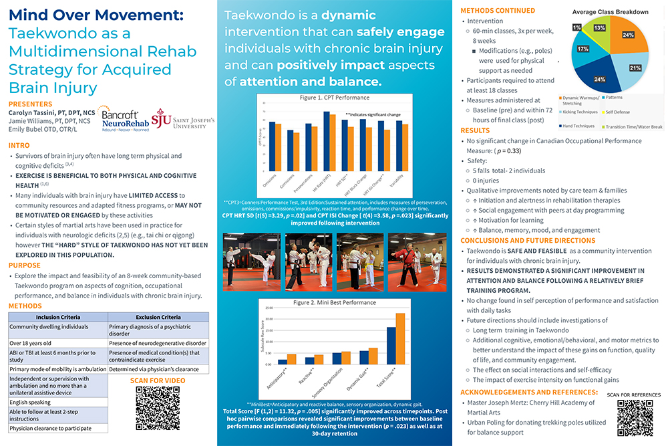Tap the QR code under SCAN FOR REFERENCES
tap(634, 417)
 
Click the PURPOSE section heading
tap(25, 265)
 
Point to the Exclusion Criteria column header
tap(158, 317)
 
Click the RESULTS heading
tap(475, 130)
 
